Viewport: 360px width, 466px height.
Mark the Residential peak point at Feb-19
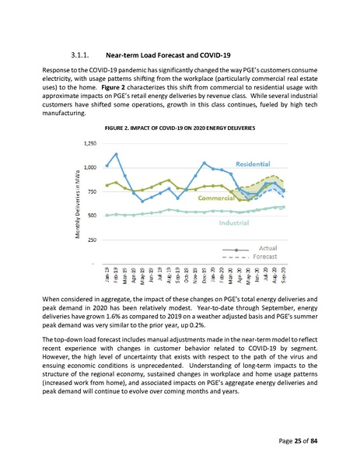[116, 154]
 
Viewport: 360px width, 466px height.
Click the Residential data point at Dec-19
[204, 163]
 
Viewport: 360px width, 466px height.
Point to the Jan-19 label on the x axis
[107, 273]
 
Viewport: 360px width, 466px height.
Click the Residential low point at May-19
[142, 201]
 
